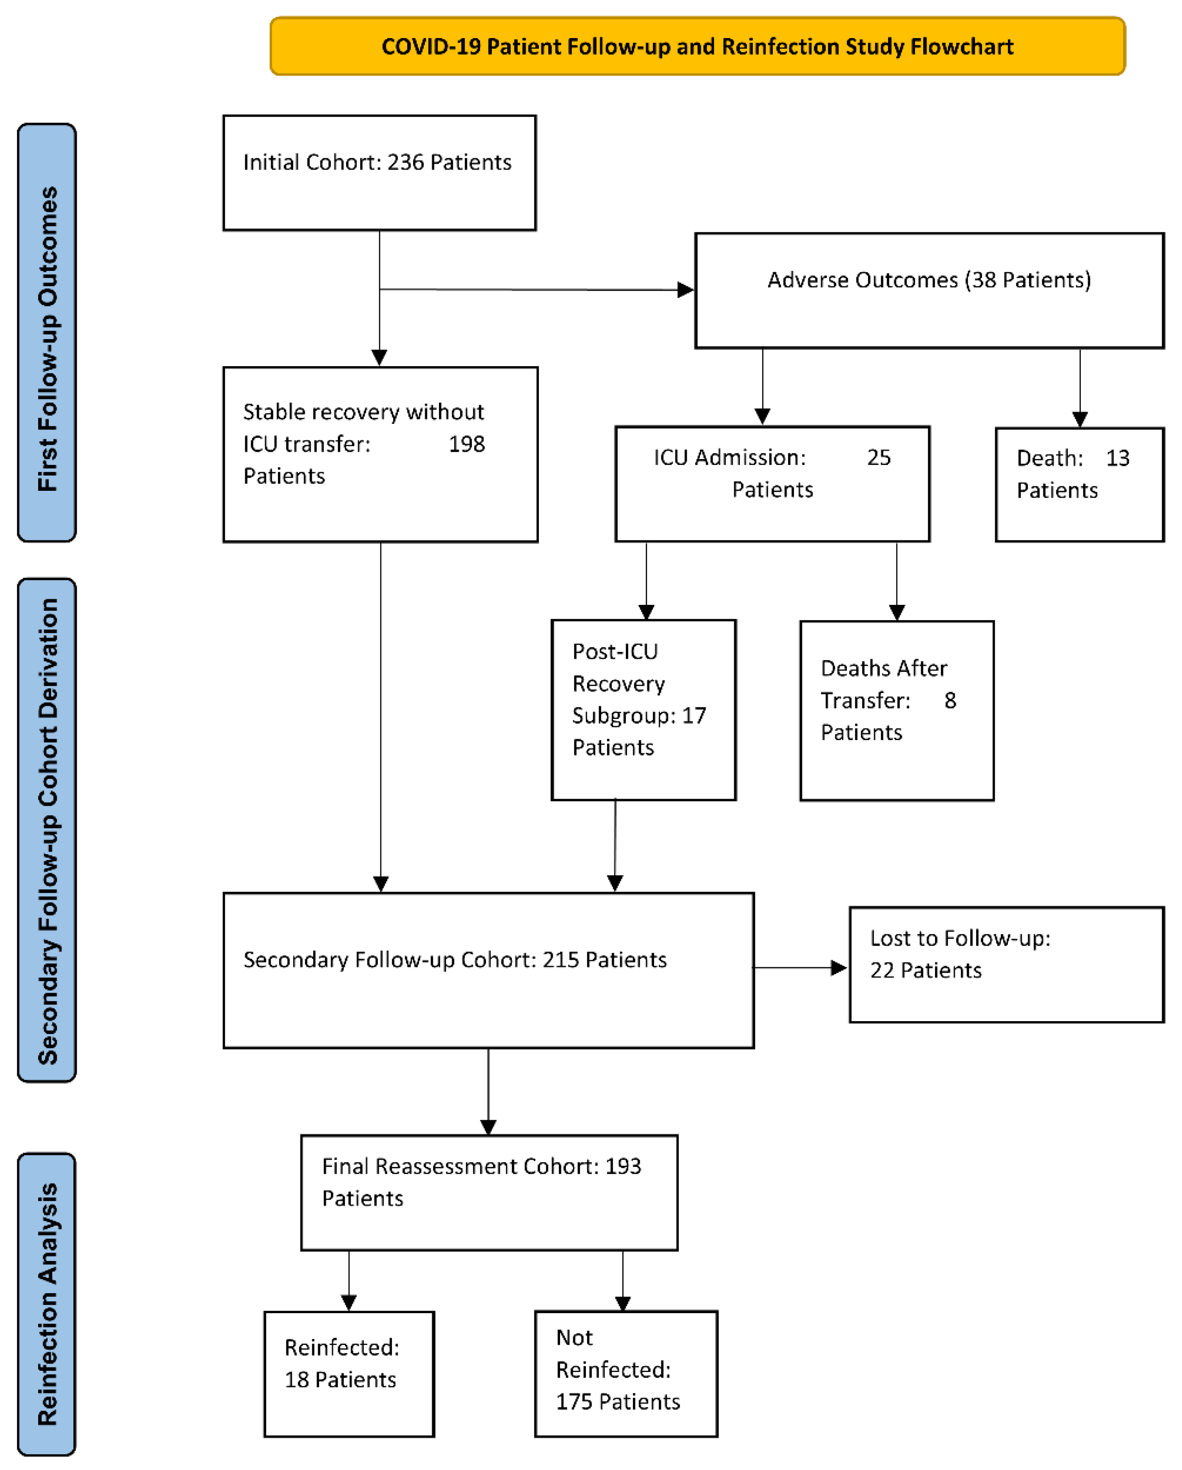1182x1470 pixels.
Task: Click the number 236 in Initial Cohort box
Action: [405, 162]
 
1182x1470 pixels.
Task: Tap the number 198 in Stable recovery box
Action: [466, 444]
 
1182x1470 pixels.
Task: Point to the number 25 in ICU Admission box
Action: [878, 457]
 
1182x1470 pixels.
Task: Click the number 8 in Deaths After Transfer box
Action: [949, 700]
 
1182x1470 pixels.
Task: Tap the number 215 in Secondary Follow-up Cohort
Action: [560, 960]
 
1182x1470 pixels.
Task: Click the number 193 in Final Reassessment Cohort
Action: [623, 1166]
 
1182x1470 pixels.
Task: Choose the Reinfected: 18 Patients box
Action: [349, 1374]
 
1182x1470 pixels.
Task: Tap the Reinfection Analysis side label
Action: [47, 1304]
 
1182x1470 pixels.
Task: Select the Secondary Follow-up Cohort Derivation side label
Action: [47, 830]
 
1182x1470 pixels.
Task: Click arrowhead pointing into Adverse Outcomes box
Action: [685, 290]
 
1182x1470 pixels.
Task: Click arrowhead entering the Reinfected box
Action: [349, 1303]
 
